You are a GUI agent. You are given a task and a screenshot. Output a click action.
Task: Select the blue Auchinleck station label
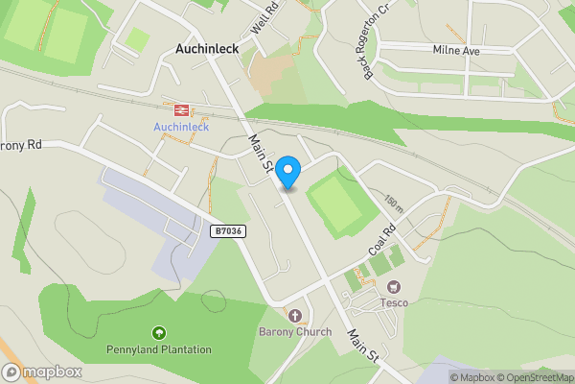point(181,127)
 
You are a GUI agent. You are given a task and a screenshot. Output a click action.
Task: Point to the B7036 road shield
point(228,231)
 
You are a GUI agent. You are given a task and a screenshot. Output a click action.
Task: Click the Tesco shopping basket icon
point(393,287)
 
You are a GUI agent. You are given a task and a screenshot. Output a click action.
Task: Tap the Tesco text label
point(393,304)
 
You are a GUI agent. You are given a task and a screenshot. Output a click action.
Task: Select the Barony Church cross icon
point(294,316)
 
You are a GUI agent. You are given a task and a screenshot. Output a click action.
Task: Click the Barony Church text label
point(295,332)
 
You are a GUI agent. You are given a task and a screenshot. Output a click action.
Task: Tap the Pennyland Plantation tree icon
point(159,332)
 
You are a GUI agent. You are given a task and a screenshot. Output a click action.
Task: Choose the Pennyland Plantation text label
point(159,349)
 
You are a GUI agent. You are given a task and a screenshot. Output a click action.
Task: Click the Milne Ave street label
point(455,50)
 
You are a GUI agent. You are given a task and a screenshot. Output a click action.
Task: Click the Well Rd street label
point(263,21)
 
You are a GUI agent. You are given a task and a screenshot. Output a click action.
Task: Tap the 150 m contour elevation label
point(393,205)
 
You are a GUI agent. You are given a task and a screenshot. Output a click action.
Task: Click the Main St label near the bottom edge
point(363,346)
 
